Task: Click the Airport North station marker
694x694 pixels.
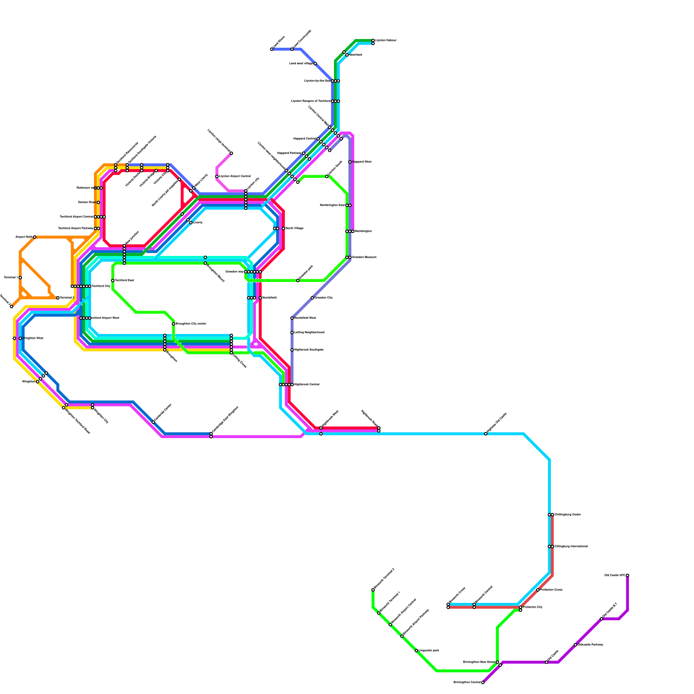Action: click(35, 237)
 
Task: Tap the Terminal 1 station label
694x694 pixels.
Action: click(10, 277)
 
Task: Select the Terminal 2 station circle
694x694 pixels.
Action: click(58, 298)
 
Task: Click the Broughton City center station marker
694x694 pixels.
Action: click(173, 324)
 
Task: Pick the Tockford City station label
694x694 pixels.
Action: click(101, 286)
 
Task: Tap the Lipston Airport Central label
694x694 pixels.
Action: click(235, 177)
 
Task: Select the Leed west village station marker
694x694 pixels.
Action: click(315, 64)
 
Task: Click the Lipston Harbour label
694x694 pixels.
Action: click(386, 40)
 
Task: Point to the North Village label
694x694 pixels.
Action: click(295, 229)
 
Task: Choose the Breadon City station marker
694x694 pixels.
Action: click(312, 298)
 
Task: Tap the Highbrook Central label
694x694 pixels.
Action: click(307, 385)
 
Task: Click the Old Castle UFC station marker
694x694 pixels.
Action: click(627, 576)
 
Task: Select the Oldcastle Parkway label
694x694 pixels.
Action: click(590, 645)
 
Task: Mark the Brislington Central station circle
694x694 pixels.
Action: click(483, 682)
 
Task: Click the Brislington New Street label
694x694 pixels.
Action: click(479, 662)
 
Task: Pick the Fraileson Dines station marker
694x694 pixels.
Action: click(538, 590)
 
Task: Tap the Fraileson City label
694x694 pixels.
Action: click(533, 607)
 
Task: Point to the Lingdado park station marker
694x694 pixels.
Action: click(416, 651)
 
